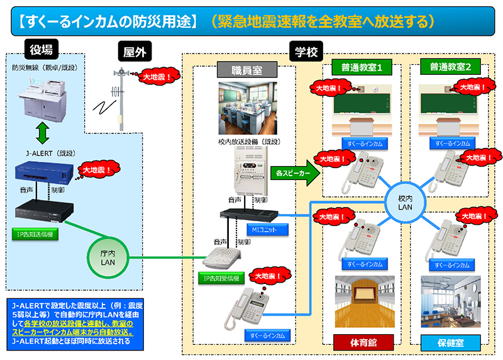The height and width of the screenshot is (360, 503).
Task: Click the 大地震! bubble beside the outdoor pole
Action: (158, 76)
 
